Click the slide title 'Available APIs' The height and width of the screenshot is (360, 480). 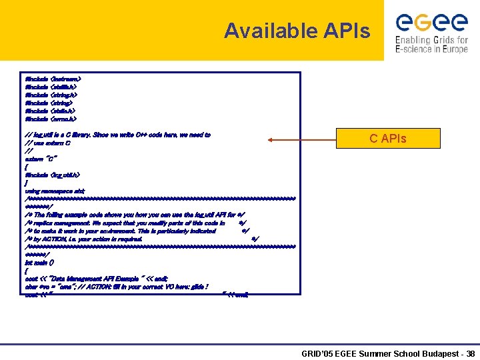[x=297, y=31]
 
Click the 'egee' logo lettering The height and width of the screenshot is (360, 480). [x=431, y=23]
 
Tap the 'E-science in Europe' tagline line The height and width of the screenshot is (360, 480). [x=431, y=49]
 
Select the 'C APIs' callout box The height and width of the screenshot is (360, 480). [x=387, y=139]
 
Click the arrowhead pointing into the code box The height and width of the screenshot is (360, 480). [x=269, y=140]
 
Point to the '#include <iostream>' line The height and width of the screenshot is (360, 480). [x=53, y=79]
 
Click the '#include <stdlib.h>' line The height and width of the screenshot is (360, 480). [x=51, y=87]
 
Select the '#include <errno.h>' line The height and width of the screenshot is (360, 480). [x=50, y=119]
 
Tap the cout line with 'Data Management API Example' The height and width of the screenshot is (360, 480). [x=96, y=279]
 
